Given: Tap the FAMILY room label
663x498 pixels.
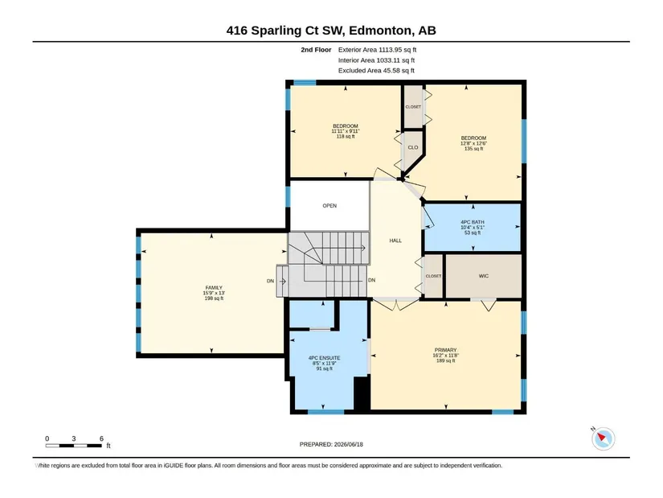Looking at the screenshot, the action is tap(214, 287).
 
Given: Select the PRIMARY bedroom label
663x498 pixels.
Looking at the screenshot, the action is tap(446, 350).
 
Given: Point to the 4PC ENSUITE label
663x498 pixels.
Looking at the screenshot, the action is tap(325, 358).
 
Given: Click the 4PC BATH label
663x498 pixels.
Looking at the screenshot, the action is tap(473, 222).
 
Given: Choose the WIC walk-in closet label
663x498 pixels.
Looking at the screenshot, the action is tap(484, 276).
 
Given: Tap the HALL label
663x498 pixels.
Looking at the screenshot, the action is tap(395, 241).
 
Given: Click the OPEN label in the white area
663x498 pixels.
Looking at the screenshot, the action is tap(329, 206).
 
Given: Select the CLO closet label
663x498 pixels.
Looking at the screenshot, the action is tap(413, 148).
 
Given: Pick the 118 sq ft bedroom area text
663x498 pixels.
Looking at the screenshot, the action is tap(346, 136).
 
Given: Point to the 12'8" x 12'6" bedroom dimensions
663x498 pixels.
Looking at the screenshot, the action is tap(473, 143).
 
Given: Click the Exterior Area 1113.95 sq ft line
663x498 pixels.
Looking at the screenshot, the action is tap(377, 50).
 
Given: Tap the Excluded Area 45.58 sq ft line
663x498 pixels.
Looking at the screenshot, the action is tap(376, 70).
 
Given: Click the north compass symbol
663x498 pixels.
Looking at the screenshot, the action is tap(603, 438).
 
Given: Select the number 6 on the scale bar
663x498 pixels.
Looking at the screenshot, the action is tap(101, 438).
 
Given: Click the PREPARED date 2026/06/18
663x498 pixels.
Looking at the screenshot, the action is tap(349, 444).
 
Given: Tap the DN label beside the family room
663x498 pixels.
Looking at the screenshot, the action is tap(270, 281).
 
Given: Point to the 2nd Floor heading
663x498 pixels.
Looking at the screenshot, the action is tap(317, 50).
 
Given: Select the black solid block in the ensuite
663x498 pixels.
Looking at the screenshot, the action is tap(362, 393).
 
